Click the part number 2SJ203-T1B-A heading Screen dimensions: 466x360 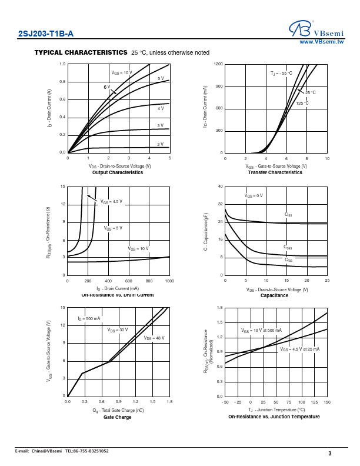click(x=46, y=35)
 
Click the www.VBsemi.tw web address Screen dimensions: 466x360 click(x=322, y=42)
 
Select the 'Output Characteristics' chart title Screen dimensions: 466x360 click(x=118, y=172)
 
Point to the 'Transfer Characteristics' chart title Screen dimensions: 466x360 click(x=275, y=172)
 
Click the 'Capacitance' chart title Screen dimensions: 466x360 click(x=274, y=295)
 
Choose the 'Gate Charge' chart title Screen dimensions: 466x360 click(x=118, y=417)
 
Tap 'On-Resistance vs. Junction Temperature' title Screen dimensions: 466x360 click(x=274, y=417)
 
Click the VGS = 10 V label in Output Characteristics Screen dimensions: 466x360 click(x=122, y=72)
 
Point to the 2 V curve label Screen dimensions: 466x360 click(x=160, y=144)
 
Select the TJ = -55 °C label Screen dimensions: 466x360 click(x=281, y=74)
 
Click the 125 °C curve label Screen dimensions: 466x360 click(x=302, y=103)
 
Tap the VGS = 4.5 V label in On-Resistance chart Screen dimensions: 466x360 click(x=111, y=201)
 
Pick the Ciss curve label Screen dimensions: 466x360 click(x=288, y=215)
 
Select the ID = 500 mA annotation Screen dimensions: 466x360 click(x=89, y=318)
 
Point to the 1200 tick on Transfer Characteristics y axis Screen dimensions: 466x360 click(x=218, y=64)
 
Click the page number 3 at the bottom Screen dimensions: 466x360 click(x=330, y=453)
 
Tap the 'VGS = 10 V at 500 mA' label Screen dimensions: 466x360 click(x=261, y=331)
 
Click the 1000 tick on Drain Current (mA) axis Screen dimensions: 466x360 click(x=169, y=281)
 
